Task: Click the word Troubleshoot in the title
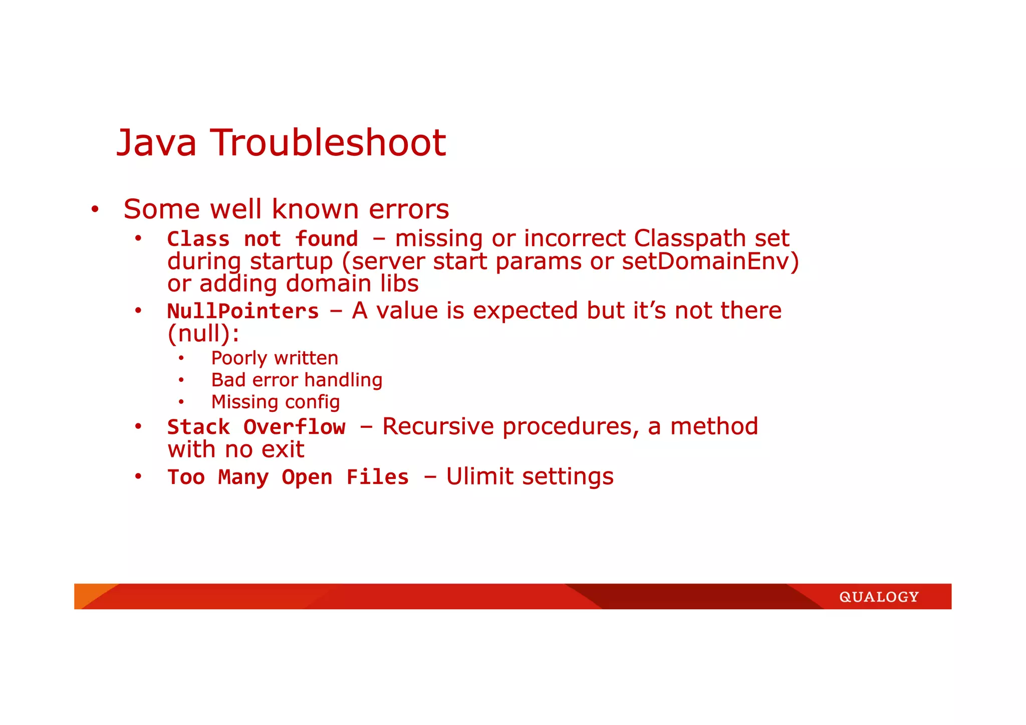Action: click(328, 143)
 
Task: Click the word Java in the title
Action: click(156, 143)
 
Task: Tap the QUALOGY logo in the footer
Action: click(879, 597)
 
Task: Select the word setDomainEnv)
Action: click(710, 262)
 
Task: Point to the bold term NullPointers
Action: click(243, 312)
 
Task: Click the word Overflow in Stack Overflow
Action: click(295, 427)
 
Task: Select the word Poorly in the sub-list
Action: click(239, 358)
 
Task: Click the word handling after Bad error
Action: click(343, 380)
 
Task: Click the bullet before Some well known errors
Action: click(95, 209)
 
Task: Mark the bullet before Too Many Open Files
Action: click(138, 476)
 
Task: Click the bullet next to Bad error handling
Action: click(181, 380)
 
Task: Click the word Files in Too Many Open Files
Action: click(378, 477)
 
